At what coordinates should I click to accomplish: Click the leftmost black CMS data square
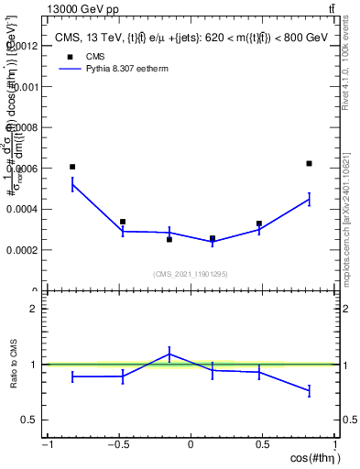[72, 167]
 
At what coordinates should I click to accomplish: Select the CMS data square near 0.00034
[123, 222]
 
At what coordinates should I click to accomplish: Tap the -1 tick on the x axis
[47, 444]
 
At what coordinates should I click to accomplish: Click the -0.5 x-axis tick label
[117, 444]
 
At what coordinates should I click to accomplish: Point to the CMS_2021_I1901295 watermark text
[191, 274]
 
